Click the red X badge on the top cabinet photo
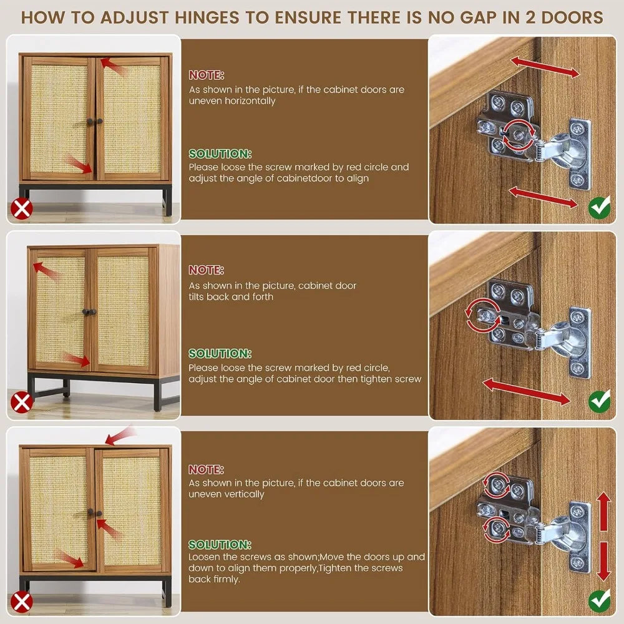[x=21, y=208]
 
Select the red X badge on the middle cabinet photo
[x=21, y=402]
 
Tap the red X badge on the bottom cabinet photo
[x=21, y=602]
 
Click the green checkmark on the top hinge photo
[x=599, y=207]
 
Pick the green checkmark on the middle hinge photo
[x=599, y=401]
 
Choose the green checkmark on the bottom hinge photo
[x=599, y=601]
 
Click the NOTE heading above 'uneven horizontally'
[x=207, y=75]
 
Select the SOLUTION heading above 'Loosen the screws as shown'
[x=220, y=544]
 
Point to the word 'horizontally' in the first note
[x=250, y=101]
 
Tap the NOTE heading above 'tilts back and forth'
[x=207, y=270]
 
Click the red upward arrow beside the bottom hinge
[x=604, y=512]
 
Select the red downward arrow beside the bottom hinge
[x=604, y=561]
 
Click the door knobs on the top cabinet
[x=95, y=121]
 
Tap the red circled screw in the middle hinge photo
[x=484, y=316]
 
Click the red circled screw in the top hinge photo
[x=519, y=135]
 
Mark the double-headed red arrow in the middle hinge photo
[x=526, y=392]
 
